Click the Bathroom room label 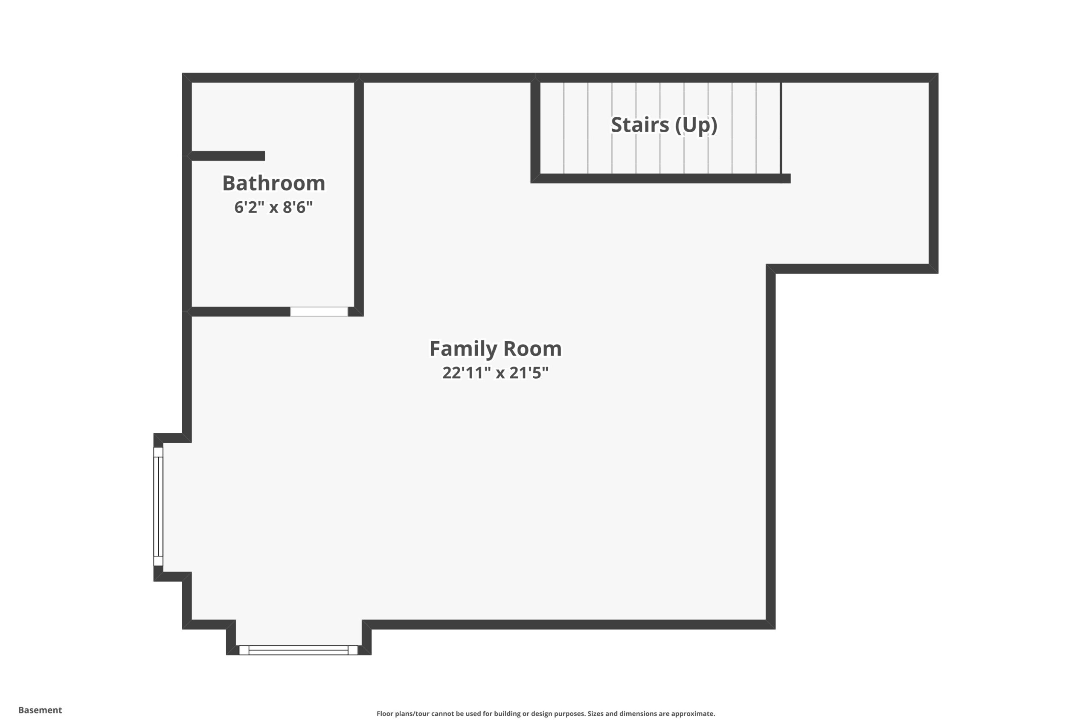273,183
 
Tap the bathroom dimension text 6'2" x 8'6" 273,207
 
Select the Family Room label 495,349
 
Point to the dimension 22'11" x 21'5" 495,373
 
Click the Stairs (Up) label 664,125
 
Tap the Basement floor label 40,710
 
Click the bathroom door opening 319,311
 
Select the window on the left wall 158,507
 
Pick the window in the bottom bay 299,650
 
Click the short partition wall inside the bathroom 228,156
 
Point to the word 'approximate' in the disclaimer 692,713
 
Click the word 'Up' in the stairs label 696,125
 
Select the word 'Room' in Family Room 532,349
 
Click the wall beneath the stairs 661,178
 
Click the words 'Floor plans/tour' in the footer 403,713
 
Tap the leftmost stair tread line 564,128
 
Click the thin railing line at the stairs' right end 781,128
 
